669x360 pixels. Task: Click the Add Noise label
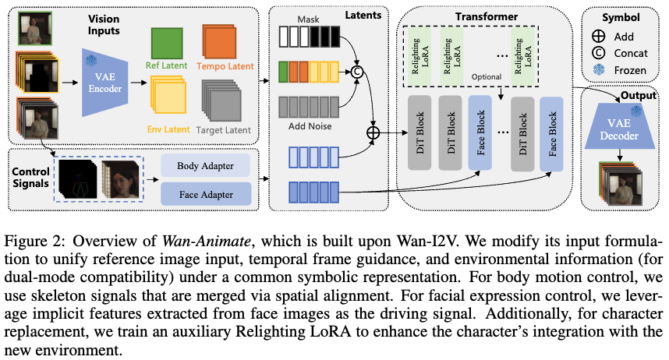pyautogui.click(x=310, y=125)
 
